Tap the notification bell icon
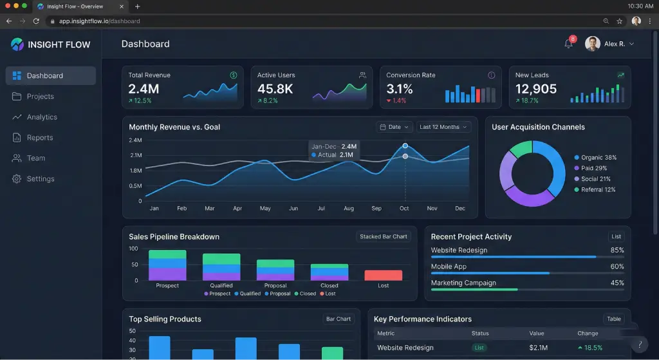pos(568,44)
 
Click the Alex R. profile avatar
pos(593,44)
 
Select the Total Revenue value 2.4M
pos(144,89)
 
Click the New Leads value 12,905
pos(536,89)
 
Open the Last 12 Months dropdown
pos(444,127)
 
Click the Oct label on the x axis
pos(404,209)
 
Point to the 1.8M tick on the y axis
pos(135,171)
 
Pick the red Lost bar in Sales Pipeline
pos(383,275)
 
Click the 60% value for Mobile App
pos(617,267)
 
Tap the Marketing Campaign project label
pos(463,283)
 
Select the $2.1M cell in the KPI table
pos(537,348)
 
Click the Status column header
pos(480,334)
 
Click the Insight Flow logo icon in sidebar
pos(17,44)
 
